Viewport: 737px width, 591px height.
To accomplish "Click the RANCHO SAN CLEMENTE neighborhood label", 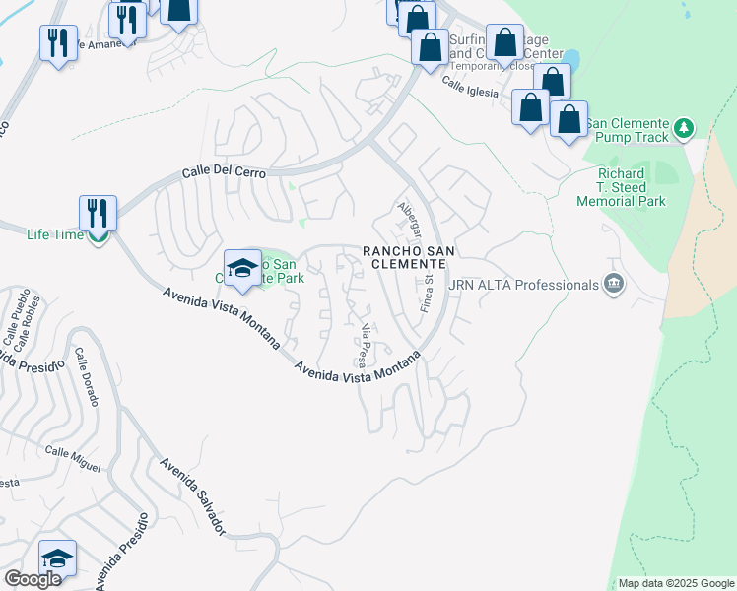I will tap(409, 258).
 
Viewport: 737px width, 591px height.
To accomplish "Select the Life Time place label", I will tap(52, 234).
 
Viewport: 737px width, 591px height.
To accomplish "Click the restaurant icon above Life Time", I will tap(98, 212).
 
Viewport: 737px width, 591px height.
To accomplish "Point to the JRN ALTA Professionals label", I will tap(524, 285).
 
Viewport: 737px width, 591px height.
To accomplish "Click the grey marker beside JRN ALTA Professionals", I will tap(614, 285).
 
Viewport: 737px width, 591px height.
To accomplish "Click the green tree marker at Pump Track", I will tap(684, 128).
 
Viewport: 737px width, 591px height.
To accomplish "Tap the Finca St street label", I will tap(429, 294).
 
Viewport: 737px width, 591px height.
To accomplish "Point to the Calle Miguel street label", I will tap(73, 458).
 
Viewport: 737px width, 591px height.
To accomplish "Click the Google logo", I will tap(33, 579).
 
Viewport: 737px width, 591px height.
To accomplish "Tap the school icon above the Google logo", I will tap(57, 558).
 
